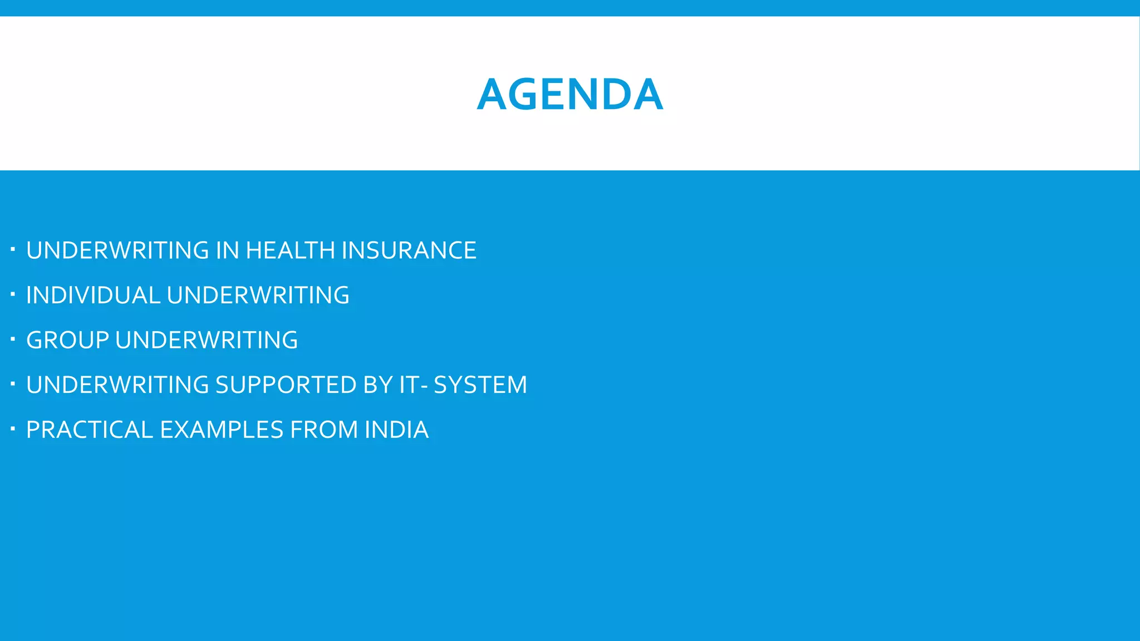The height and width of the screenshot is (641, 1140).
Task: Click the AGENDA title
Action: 570,95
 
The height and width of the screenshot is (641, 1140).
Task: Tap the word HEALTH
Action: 291,250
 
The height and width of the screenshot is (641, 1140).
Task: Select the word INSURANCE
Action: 409,250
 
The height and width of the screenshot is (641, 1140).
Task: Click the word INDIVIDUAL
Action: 94,295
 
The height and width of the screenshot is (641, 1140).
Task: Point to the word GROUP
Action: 67,340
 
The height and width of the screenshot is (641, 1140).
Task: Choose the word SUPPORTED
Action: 286,385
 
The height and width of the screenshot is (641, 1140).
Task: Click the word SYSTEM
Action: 480,385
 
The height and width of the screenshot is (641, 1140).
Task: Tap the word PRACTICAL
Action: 90,430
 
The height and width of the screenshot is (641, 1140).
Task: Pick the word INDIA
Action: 396,430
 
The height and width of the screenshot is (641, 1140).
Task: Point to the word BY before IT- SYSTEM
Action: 378,385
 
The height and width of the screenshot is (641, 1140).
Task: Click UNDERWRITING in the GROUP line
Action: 207,340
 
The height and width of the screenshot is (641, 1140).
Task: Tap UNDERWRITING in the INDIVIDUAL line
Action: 258,295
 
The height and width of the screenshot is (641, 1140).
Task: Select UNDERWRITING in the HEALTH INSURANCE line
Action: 117,250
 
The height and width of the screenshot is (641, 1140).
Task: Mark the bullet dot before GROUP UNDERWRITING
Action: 12,338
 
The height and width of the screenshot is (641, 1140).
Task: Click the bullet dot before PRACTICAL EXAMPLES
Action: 12,428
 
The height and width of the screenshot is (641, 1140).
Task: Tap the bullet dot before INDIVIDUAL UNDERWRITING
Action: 12,293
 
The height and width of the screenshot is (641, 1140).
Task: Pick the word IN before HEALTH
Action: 227,250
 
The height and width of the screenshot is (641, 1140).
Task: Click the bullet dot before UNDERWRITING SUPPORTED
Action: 12,383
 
